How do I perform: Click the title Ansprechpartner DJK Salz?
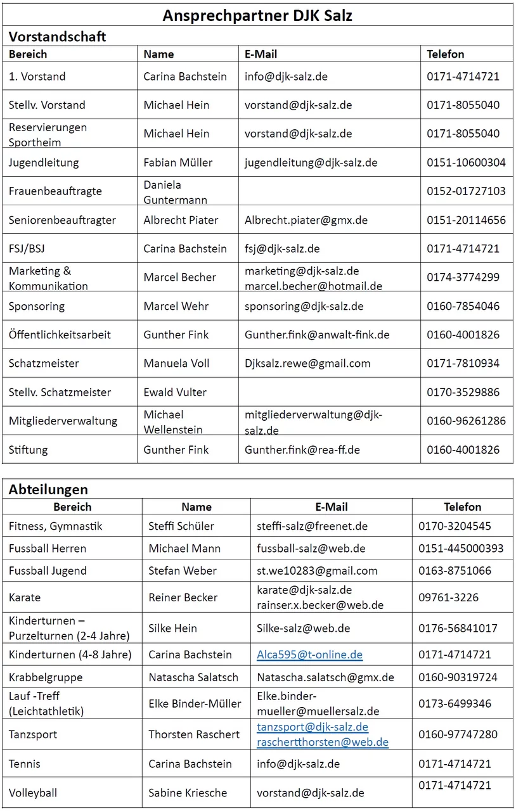pyautogui.click(x=257, y=15)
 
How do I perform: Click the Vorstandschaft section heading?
pyautogui.click(x=57, y=36)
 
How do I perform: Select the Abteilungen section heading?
pyautogui.click(x=48, y=489)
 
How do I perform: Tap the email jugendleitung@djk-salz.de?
pyautogui.click(x=311, y=162)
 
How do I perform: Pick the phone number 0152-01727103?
pyautogui.click(x=466, y=191)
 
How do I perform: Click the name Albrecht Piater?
pyautogui.click(x=181, y=220)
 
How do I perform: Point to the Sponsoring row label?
pyautogui.click(x=37, y=306)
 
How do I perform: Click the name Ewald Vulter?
pyautogui.click(x=175, y=392)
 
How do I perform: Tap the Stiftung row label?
pyautogui.click(x=29, y=450)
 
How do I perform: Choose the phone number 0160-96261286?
pyautogui.click(x=466, y=421)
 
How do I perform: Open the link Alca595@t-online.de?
pyautogui.click(x=309, y=655)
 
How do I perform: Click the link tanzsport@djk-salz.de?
pyautogui.click(x=313, y=727)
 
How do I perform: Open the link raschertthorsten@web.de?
pyautogui.click(x=322, y=742)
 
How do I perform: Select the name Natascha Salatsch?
pyautogui.click(x=193, y=677)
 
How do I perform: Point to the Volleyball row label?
pyautogui.click(x=33, y=793)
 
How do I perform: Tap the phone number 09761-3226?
pyautogui.click(x=448, y=597)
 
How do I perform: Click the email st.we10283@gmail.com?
pyautogui.click(x=317, y=571)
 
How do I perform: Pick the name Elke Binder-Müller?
pyautogui.click(x=195, y=703)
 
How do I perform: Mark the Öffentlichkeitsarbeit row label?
pyautogui.click(x=60, y=335)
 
